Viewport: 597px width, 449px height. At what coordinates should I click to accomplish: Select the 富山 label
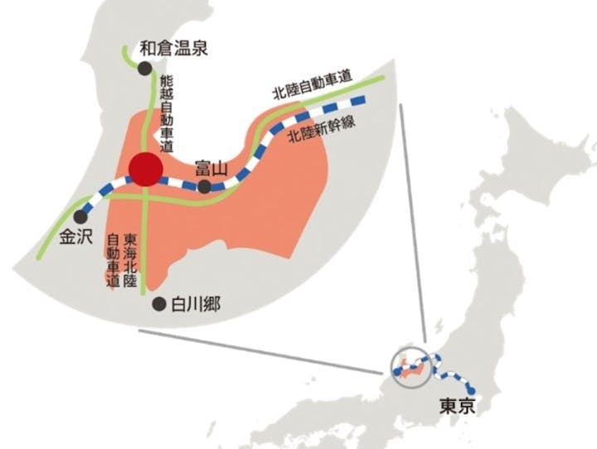(x=211, y=168)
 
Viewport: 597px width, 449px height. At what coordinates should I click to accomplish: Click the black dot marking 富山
(x=205, y=186)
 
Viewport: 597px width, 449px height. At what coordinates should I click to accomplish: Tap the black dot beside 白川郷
(x=159, y=305)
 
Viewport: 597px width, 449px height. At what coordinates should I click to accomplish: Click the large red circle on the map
(x=146, y=169)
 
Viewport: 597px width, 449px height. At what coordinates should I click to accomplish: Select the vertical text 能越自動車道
(x=166, y=113)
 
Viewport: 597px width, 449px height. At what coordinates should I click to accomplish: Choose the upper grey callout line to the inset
(x=412, y=224)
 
